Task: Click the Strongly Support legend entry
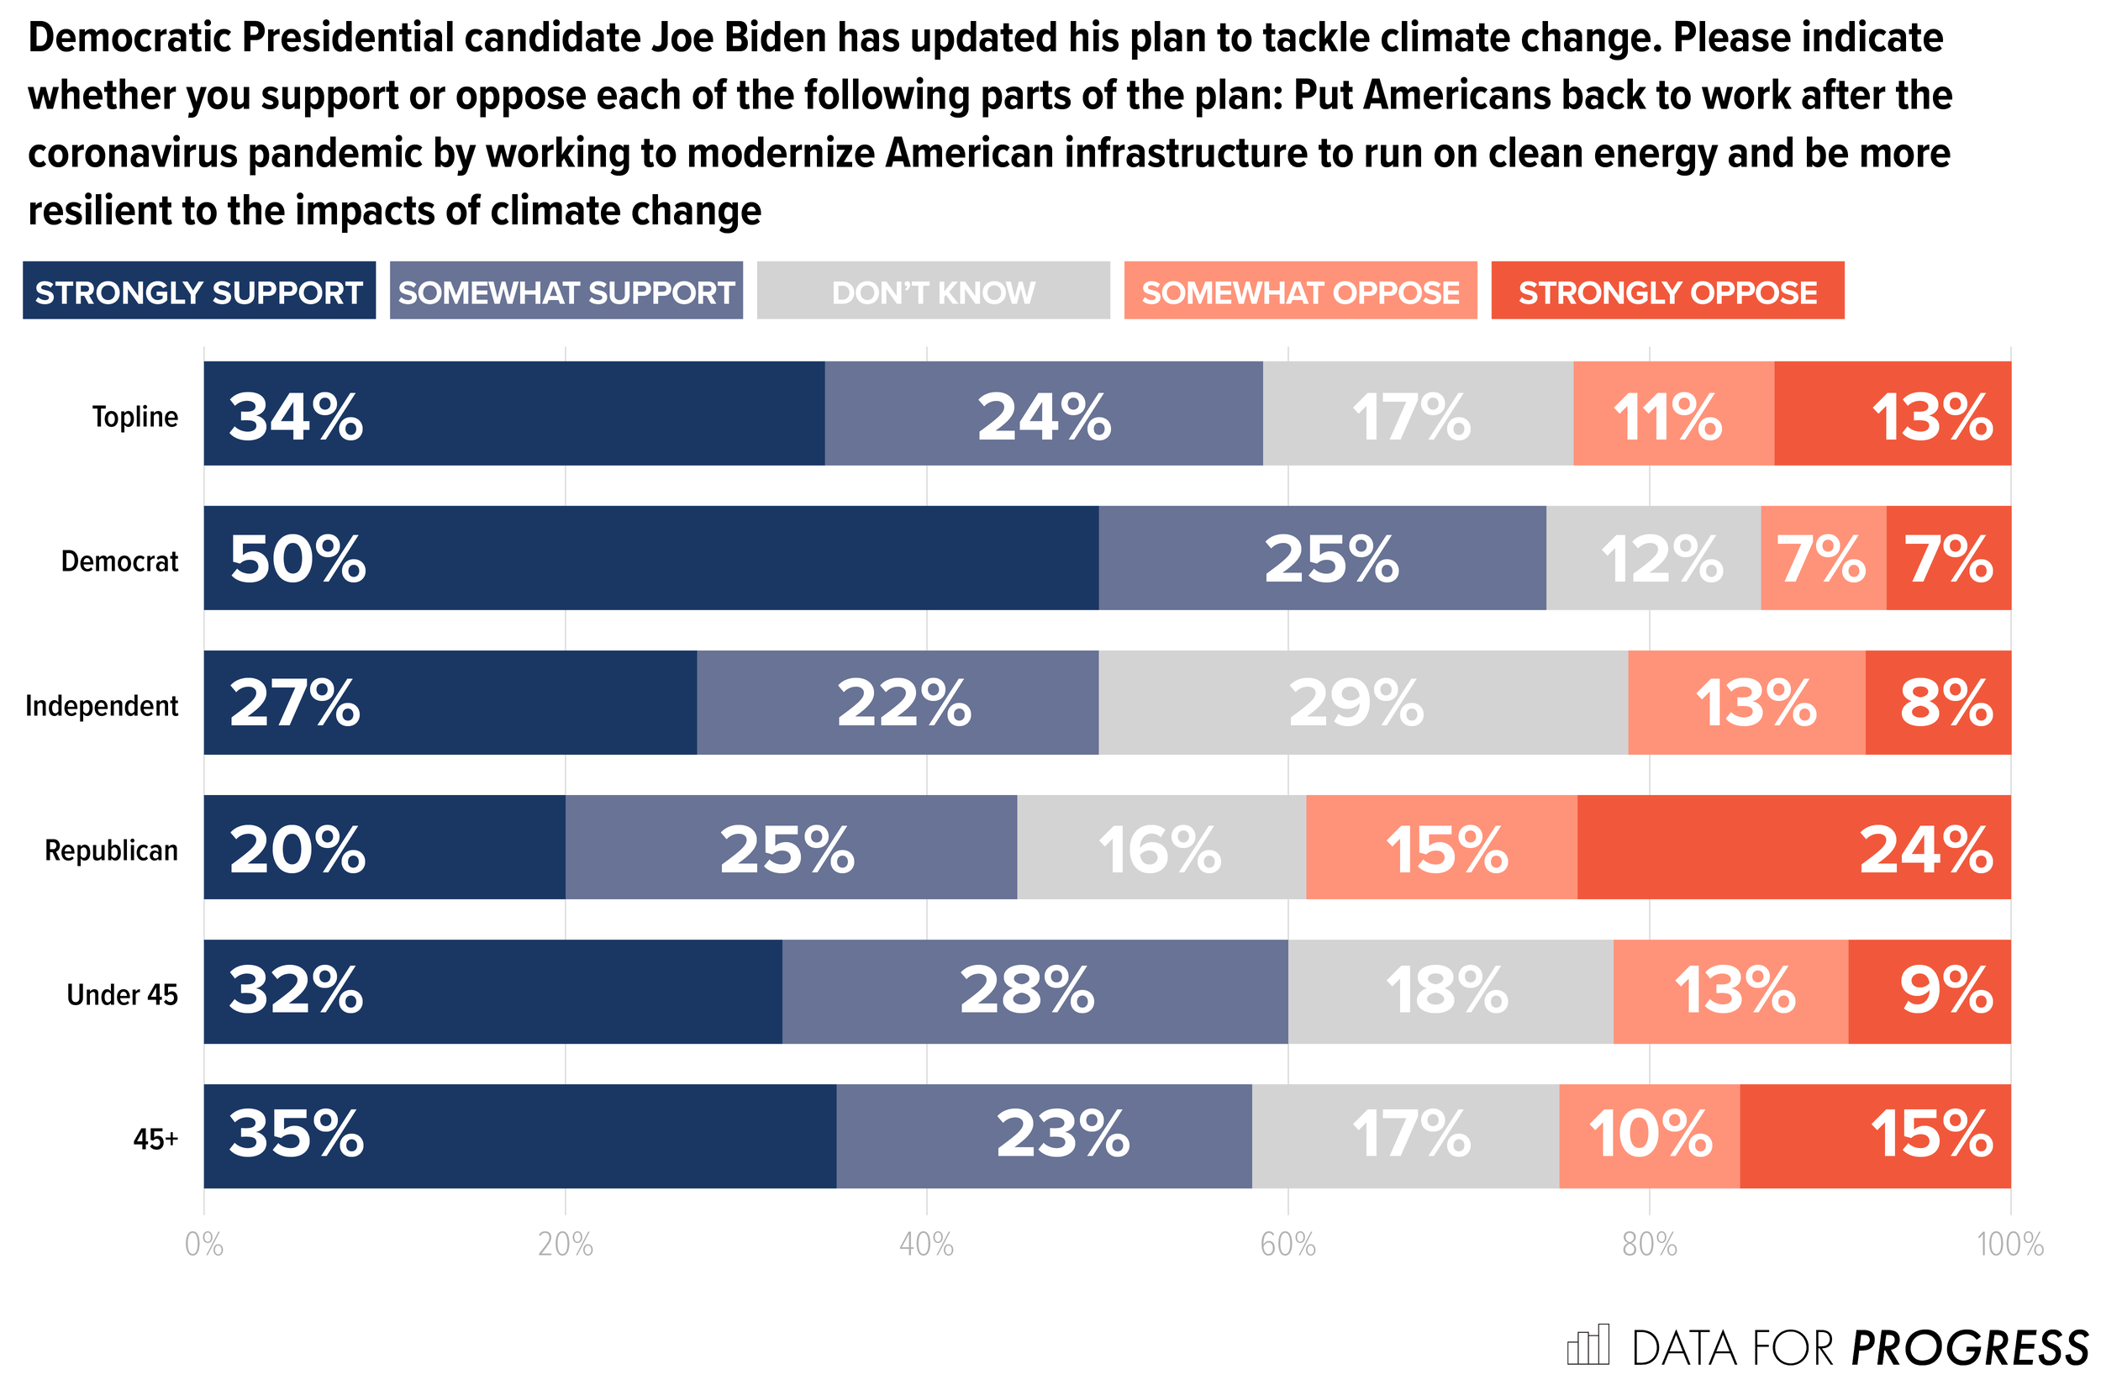coord(198,291)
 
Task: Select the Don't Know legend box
coord(933,291)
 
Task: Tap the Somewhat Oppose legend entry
coord(1300,291)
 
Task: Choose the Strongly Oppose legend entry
coord(1667,291)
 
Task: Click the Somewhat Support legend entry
coord(566,291)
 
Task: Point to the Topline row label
coord(135,417)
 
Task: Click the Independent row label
coord(102,706)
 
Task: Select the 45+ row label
coord(155,1140)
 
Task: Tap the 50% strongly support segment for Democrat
coord(651,558)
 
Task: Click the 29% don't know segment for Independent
coord(1363,703)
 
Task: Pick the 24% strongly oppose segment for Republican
coord(1793,848)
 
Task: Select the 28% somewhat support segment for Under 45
coord(1035,992)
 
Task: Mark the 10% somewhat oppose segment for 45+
coord(1649,1136)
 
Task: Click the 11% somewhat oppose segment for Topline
coord(1673,413)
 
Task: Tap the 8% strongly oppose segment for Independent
coord(1938,703)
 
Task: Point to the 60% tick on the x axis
coord(1288,1245)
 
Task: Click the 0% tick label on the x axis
coord(204,1245)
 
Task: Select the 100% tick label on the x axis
coord(2010,1245)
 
